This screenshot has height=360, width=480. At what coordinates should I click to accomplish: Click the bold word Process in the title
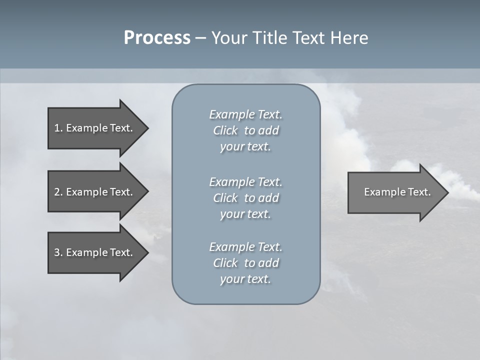pos(157,38)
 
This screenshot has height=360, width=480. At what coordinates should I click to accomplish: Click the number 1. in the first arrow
pos(58,128)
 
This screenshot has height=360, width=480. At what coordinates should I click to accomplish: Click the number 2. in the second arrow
pos(58,192)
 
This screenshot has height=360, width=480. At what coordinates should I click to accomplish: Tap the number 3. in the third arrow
pos(58,252)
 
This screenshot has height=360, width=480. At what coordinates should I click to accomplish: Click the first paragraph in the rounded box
pos(245,130)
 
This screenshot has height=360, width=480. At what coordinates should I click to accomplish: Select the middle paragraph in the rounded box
pos(245,198)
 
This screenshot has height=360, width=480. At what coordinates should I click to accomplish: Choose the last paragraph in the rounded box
pos(245,263)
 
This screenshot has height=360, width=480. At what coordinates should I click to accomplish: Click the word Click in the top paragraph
pos(225,130)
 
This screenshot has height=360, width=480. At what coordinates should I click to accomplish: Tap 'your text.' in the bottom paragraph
pos(245,279)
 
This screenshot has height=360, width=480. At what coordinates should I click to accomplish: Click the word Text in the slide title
pos(307,38)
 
